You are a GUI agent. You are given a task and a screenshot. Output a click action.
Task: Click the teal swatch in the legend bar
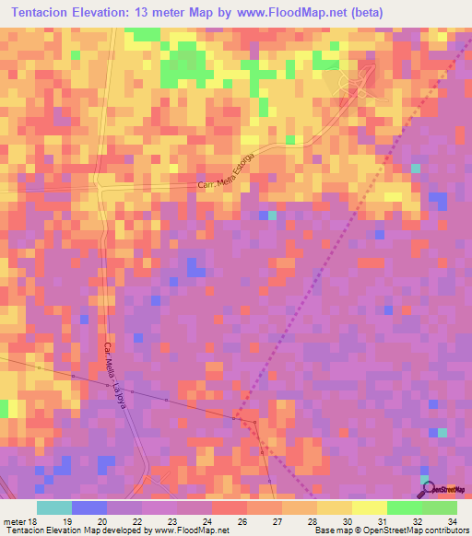pos(54,507)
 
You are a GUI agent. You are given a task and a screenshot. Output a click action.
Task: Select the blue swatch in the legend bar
pos(89,507)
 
